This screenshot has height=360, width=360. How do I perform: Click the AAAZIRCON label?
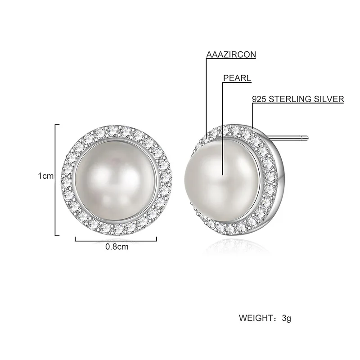coord(231,54)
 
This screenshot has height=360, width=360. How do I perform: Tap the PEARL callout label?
coord(237,78)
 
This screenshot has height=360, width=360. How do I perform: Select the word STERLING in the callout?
coord(288,99)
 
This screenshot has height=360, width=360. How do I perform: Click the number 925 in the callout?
coord(259,99)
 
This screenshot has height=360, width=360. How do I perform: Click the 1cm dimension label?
coord(46,176)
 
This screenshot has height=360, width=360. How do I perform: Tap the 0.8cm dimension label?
coord(117,247)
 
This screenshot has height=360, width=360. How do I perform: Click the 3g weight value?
coord(287,319)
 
